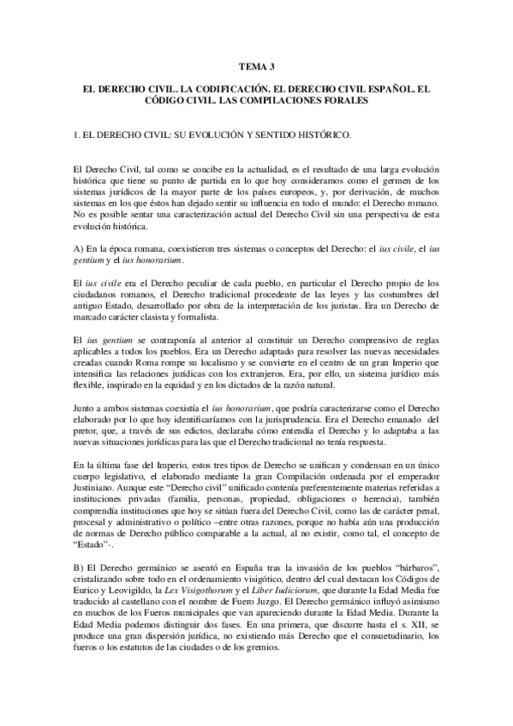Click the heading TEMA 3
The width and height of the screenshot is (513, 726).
tap(256, 65)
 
